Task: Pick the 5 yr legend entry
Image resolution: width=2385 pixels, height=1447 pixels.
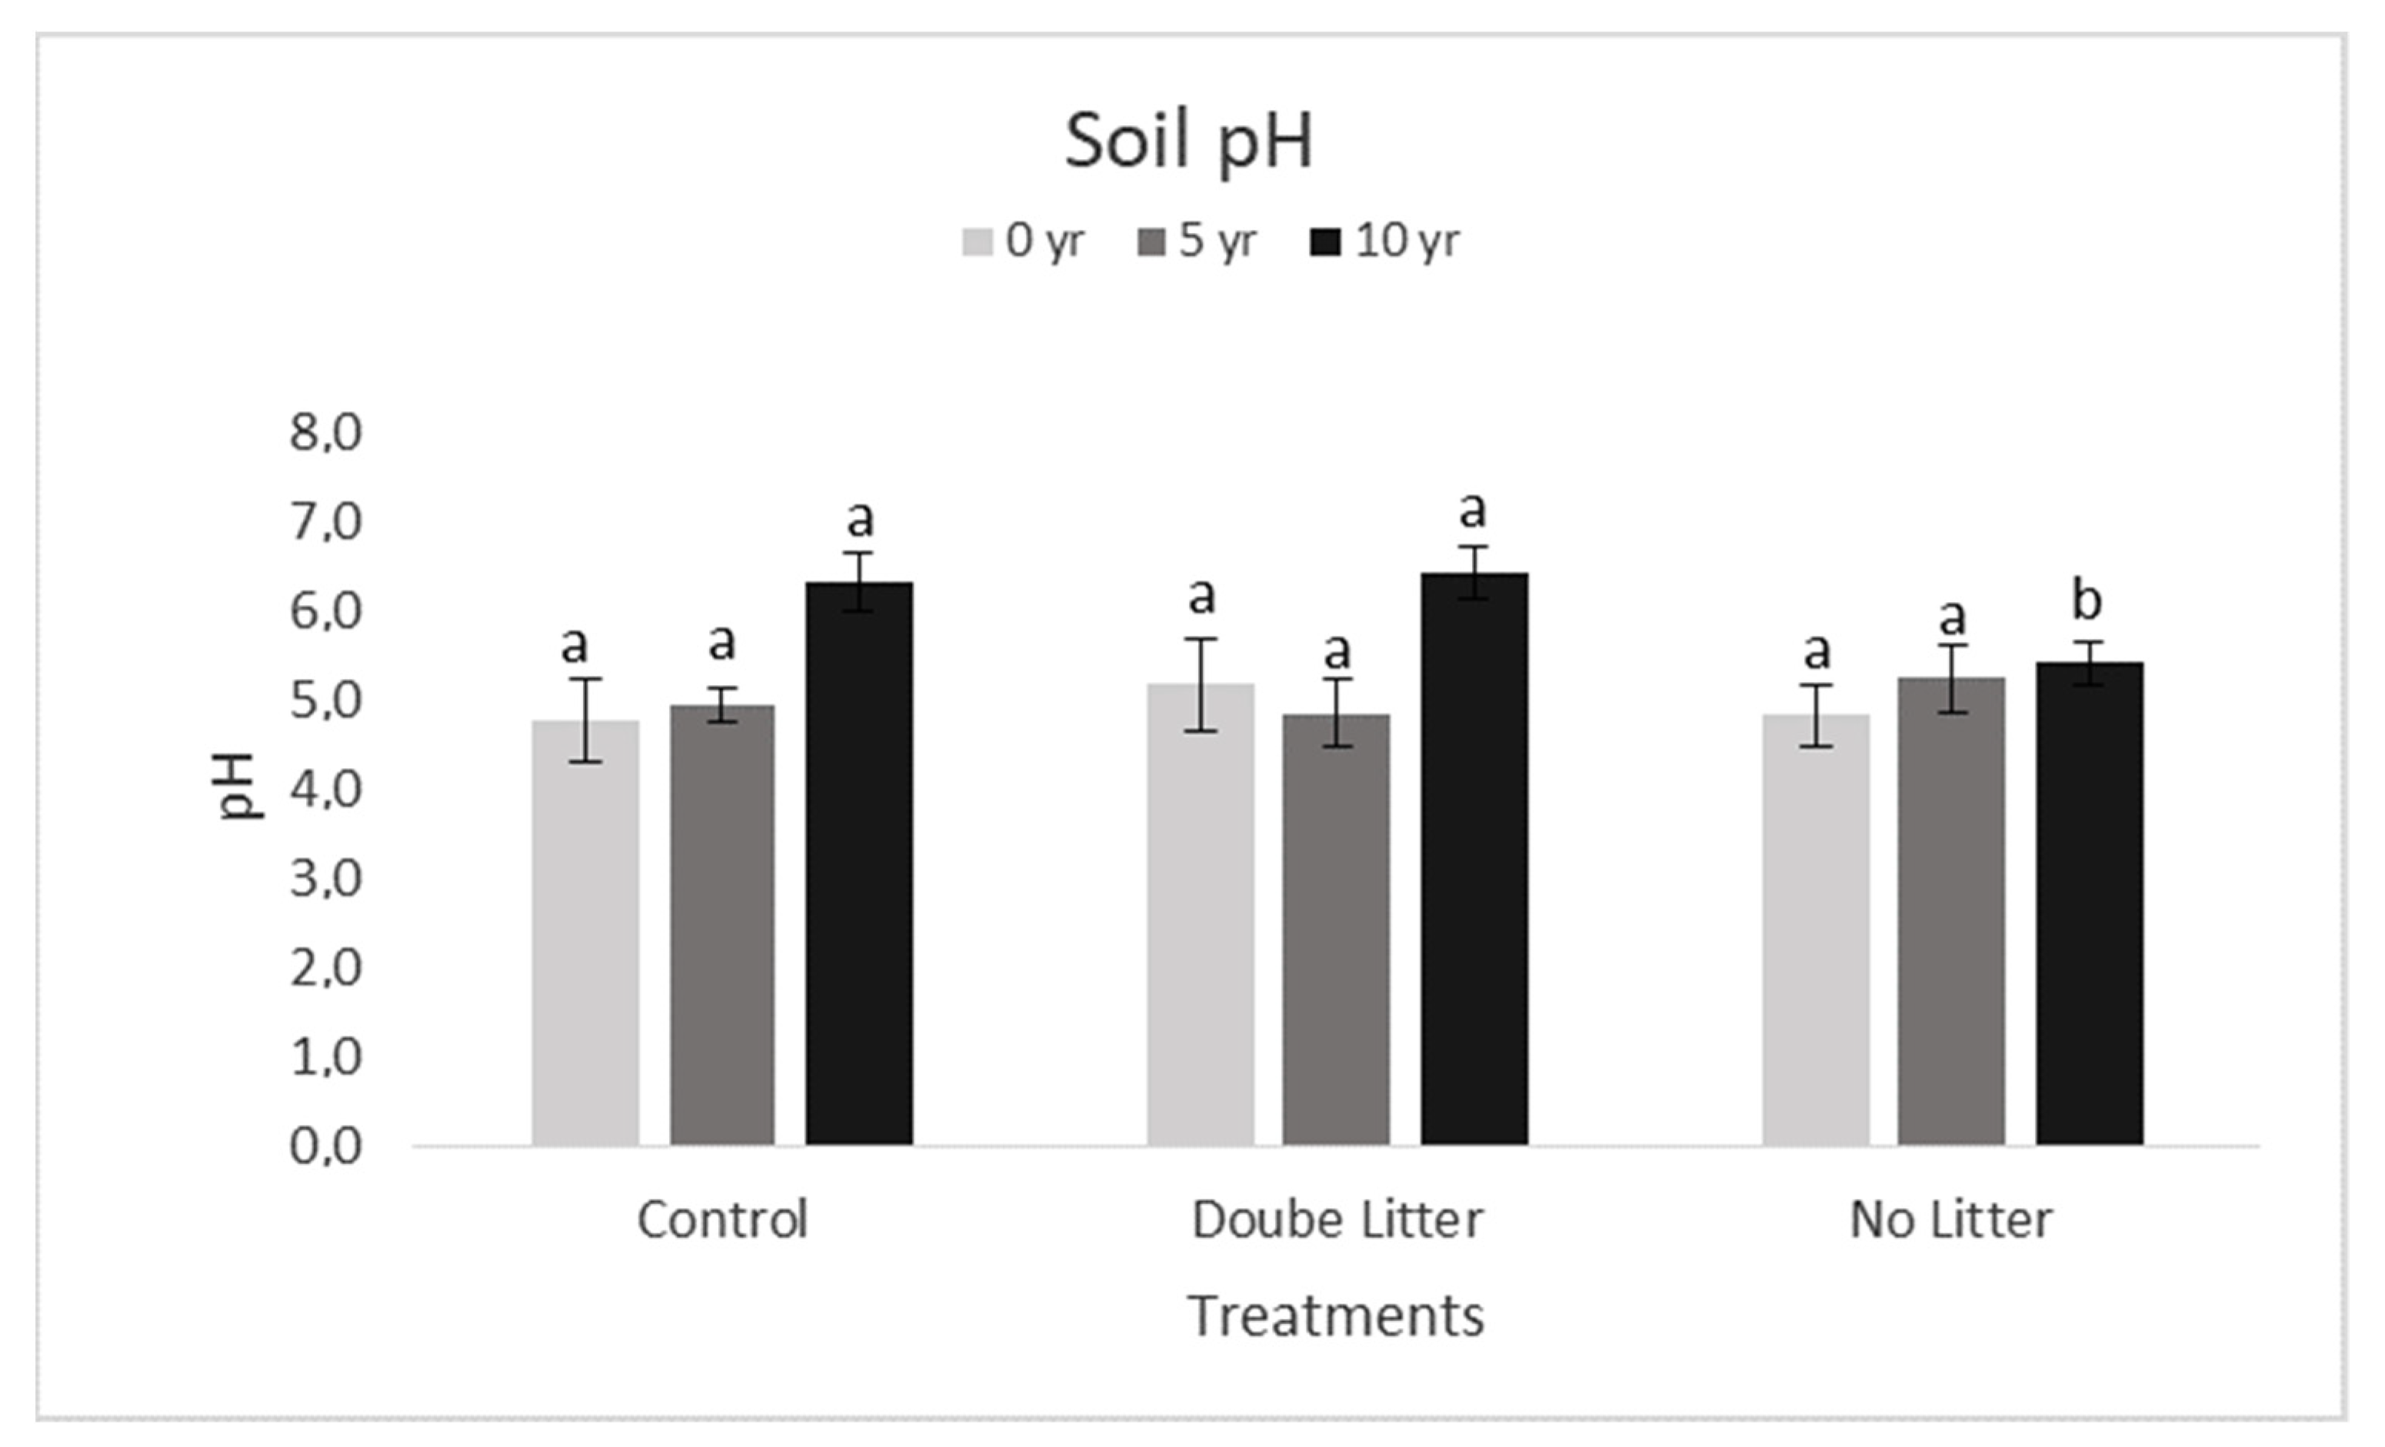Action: coord(1197,241)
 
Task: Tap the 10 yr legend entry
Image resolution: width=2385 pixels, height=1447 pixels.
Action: coord(1384,241)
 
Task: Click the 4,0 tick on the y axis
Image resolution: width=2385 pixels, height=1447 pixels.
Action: coord(326,790)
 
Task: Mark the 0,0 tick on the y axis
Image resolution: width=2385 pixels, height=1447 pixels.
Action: coord(326,1146)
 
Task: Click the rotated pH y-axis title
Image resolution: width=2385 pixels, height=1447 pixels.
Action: coord(237,786)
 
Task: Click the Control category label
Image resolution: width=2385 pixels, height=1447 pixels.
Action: coord(722,1219)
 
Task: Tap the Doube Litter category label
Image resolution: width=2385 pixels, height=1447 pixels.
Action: coord(1337,1219)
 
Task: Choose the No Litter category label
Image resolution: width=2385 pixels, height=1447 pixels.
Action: coord(1950,1219)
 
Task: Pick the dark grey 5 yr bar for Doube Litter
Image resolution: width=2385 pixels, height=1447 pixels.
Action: coord(1336,930)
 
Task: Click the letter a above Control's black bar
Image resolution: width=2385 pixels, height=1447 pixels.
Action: coord(860,520)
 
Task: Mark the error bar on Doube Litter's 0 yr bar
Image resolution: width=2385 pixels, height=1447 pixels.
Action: coord(1201,684)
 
